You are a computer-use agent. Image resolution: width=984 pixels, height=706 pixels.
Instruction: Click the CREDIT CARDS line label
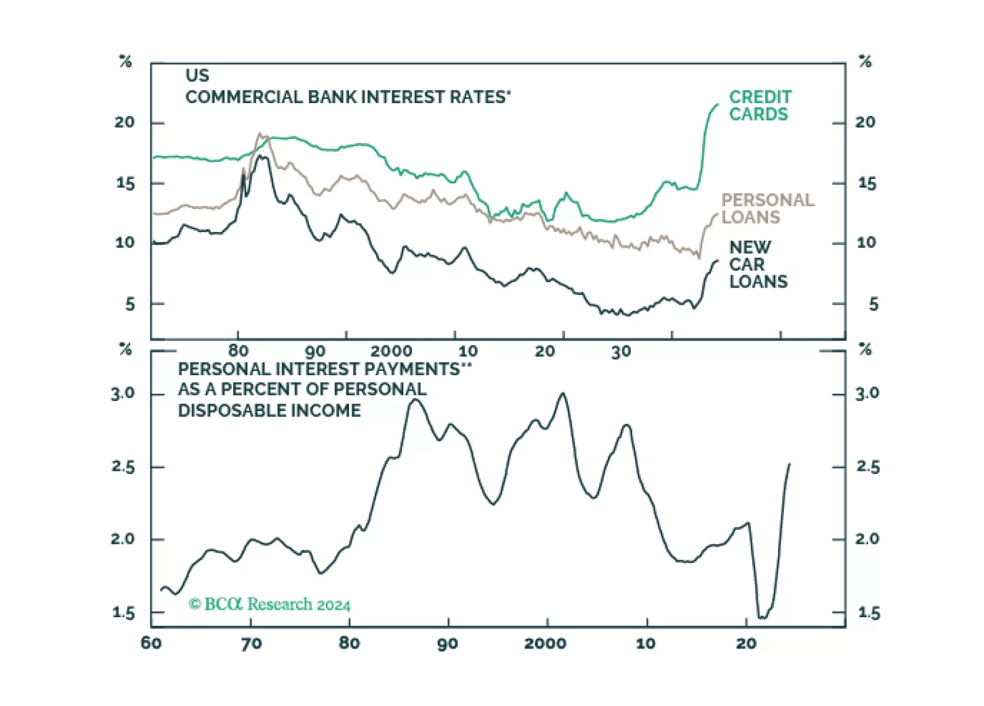click(760, 106)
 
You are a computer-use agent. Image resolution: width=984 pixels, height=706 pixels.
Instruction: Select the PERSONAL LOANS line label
click(767, 209)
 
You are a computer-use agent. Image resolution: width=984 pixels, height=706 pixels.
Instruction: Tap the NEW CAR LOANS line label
click(758, 265)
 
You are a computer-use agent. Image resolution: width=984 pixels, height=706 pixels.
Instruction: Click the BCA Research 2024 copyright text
click(269, 604)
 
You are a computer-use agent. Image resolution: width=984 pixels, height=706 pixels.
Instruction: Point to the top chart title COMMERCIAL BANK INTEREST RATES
click(348, 98)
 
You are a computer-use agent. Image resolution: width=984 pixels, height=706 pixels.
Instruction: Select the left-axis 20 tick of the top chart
click(124, 122)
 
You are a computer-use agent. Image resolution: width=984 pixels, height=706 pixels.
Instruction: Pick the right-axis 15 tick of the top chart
click(867, 184)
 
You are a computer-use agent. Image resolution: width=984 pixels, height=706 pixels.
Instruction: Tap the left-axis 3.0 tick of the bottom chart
click(123, 394)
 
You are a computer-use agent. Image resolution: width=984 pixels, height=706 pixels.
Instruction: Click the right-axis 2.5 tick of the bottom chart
click(867, 467)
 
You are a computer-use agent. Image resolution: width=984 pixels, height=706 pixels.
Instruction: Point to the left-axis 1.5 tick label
click(123, 613)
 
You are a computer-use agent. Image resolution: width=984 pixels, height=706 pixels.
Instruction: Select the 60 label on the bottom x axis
click(151, 644)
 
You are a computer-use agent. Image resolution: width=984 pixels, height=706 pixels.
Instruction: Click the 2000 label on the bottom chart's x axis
click(545, 644)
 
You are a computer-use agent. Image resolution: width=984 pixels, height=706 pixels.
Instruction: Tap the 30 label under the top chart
click(621, 352)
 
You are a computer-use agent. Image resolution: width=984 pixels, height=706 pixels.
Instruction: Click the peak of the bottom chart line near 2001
click(562, 394)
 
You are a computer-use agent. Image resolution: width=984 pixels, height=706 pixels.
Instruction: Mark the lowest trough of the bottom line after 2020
click(762, 617)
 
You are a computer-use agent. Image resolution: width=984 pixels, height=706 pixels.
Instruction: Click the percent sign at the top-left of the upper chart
click(125, 62)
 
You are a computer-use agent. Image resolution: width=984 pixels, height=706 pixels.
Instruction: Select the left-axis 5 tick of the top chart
click(129, 304)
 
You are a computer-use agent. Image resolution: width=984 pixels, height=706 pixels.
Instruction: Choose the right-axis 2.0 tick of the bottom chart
click(867, 539)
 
